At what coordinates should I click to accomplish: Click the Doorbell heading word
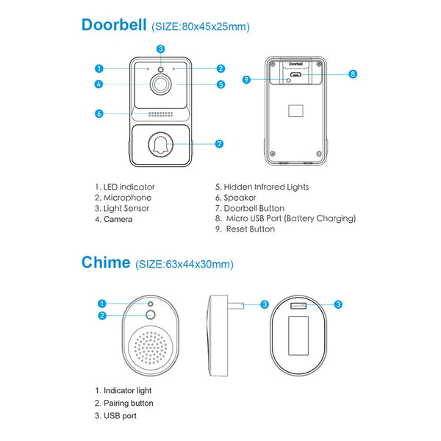tap(114, 25)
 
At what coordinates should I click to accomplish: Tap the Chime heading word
tap(106, 262)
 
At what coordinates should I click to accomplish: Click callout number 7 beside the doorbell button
tap(219, 144)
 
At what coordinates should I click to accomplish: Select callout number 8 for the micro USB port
tap(353, 74)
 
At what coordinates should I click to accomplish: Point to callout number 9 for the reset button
tap(246, 80)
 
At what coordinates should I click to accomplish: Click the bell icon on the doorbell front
tap(160, 145)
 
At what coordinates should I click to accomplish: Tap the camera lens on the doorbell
tap(160, 84)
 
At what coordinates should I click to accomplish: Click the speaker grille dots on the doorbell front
tap(160, 114)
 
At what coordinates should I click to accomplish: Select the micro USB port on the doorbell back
tap(295, 74)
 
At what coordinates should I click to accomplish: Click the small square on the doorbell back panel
tap(295, 111)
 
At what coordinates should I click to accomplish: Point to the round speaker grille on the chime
tap(151, 348)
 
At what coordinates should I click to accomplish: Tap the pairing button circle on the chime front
tap(151, 315)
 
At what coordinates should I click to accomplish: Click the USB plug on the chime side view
tap(235, 306)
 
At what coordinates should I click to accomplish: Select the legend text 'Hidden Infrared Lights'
tap(266, 187)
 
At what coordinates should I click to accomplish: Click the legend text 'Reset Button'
tap(251, 229)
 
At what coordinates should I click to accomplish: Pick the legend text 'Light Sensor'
tap(126, 209)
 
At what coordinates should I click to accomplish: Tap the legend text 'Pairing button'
tap(128, 403)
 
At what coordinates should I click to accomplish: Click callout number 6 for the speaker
tap(99, 114)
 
